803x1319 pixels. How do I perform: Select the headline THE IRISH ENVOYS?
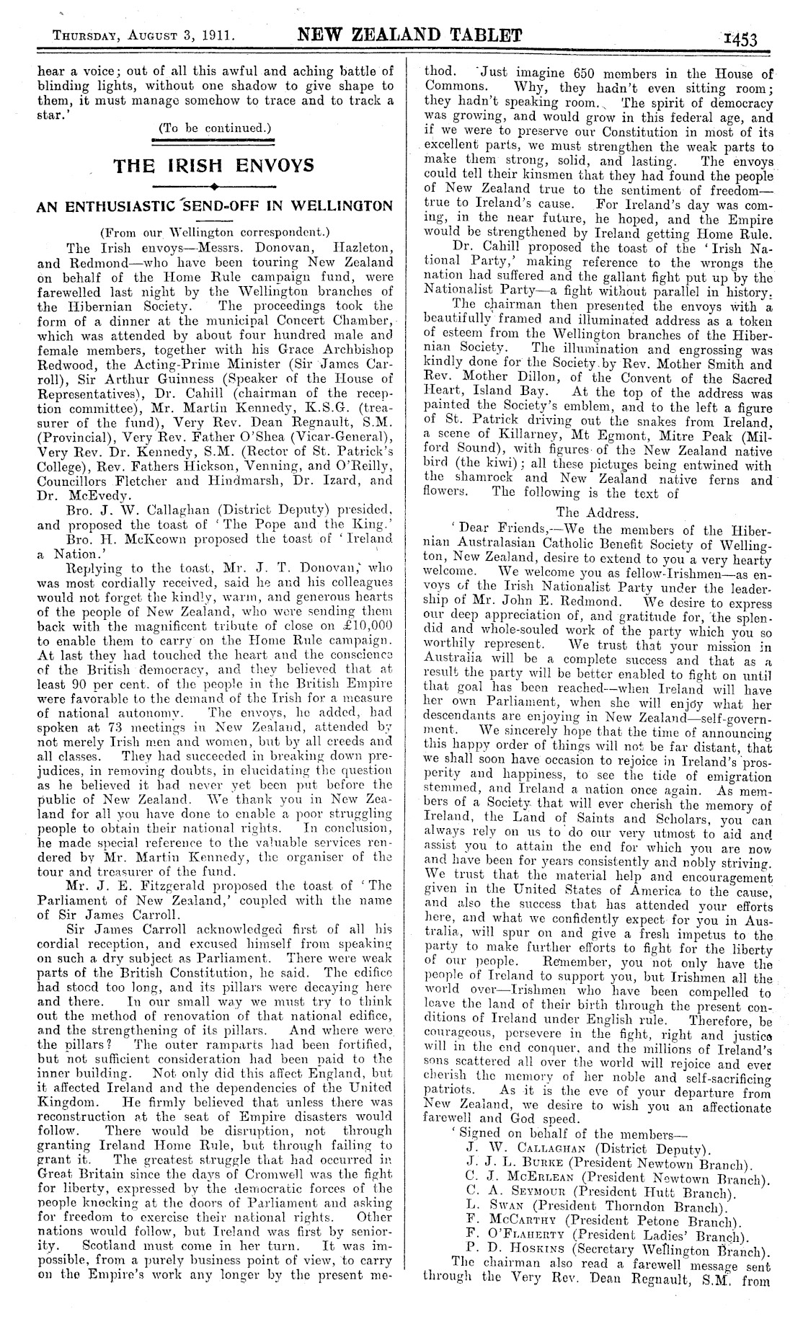[216, 165]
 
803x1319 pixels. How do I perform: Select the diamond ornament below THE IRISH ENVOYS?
[216, 186]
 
